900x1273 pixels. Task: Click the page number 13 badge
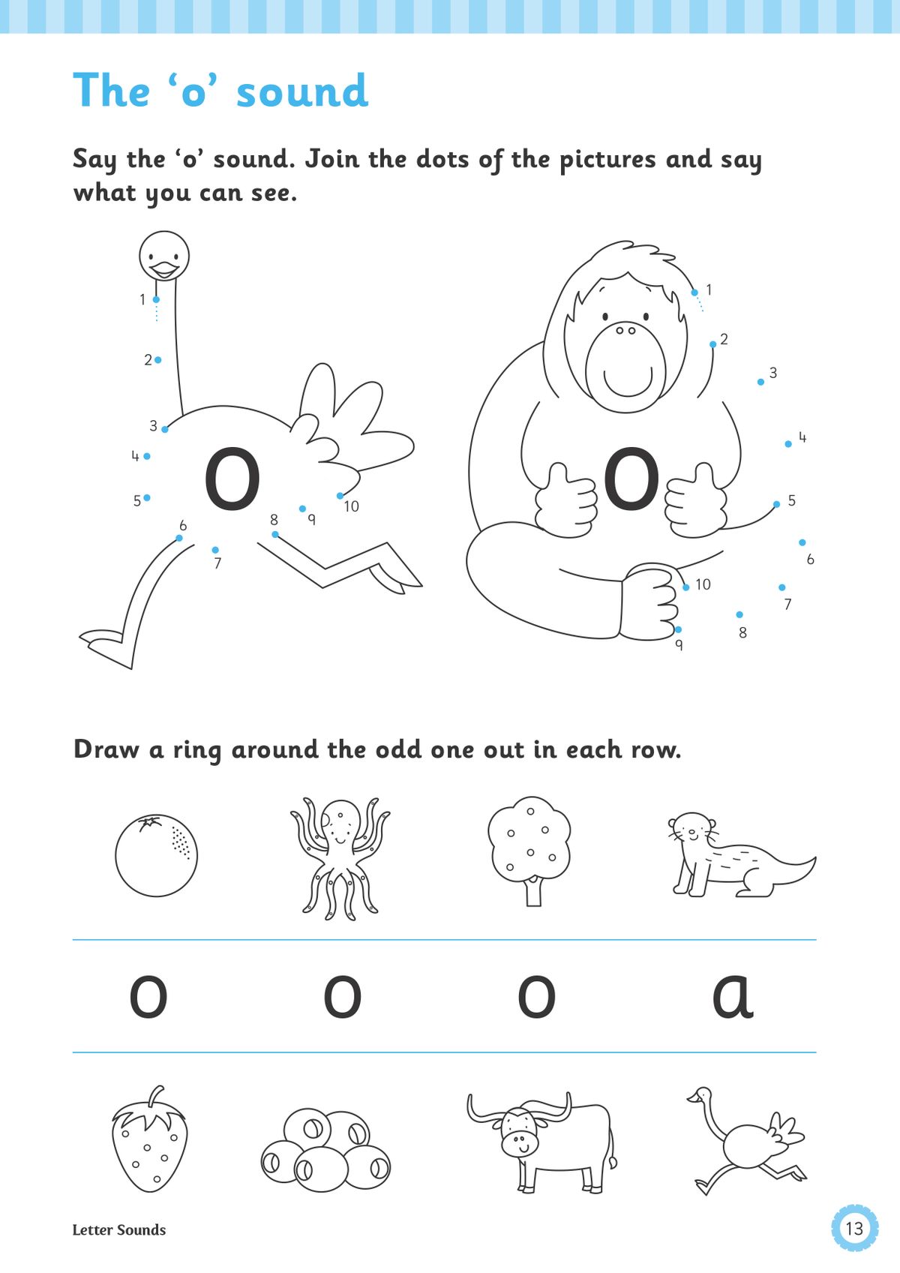(x=854, y=1228)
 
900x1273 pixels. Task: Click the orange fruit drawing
(x=156, y=855)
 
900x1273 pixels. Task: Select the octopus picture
(x=340, y=857)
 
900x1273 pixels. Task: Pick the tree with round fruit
(x=529, y=848)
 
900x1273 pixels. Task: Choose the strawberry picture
(x=150, y=1140)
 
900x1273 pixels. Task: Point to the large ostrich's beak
(x=163, y=268)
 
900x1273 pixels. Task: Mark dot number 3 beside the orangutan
(x=760, y=382)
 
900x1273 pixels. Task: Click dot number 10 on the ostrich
(x=340, y=496)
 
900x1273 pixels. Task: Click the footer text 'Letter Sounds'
(x=119, y=1230)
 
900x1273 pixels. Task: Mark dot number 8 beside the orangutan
(x=739, y=614)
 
